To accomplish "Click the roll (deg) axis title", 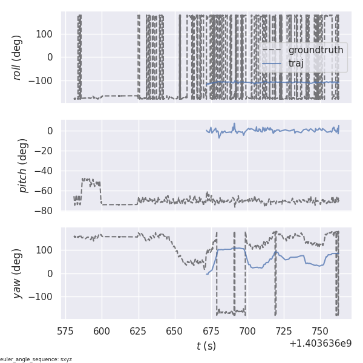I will [18, 57].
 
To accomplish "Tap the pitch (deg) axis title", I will [23, 165].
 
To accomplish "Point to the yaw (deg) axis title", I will [18, 273].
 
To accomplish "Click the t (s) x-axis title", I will [206, 346].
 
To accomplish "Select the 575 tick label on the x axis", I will [66, 331].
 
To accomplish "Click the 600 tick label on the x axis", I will [102, 331].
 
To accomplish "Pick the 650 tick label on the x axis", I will [175, 331].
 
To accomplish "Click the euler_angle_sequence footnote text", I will [36, 359].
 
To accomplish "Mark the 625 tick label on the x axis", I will [139, 331].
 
